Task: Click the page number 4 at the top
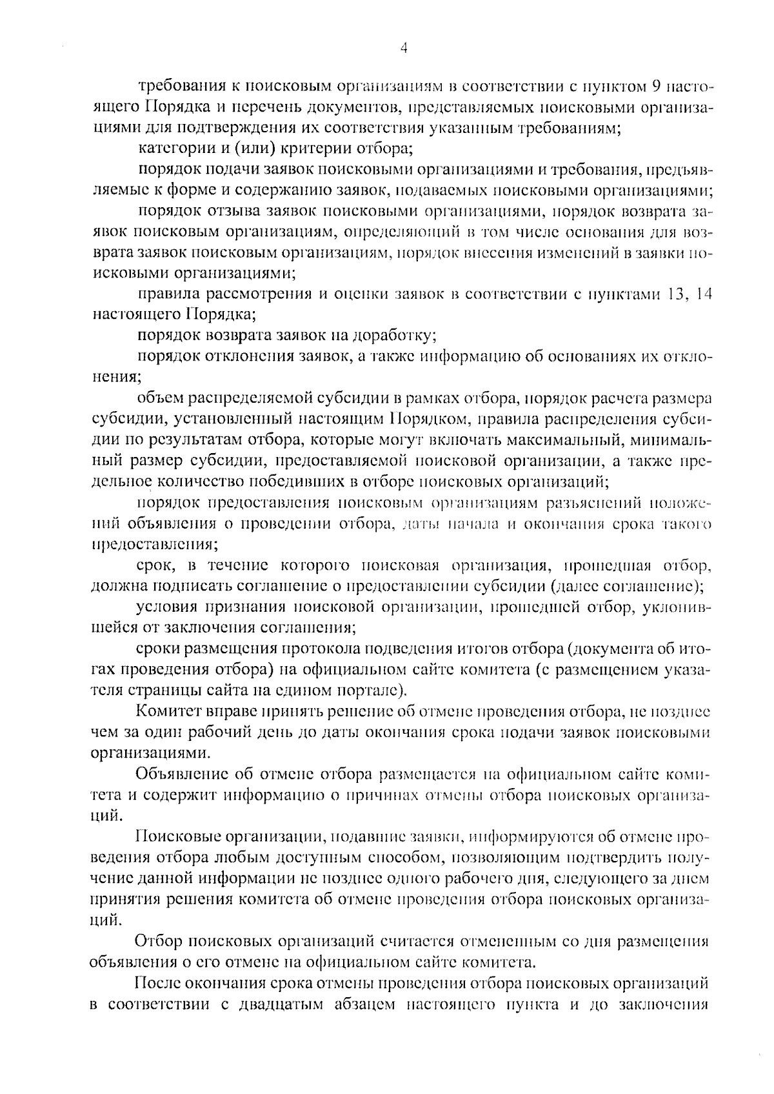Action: pyautogui.click(x=404, y=48)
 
